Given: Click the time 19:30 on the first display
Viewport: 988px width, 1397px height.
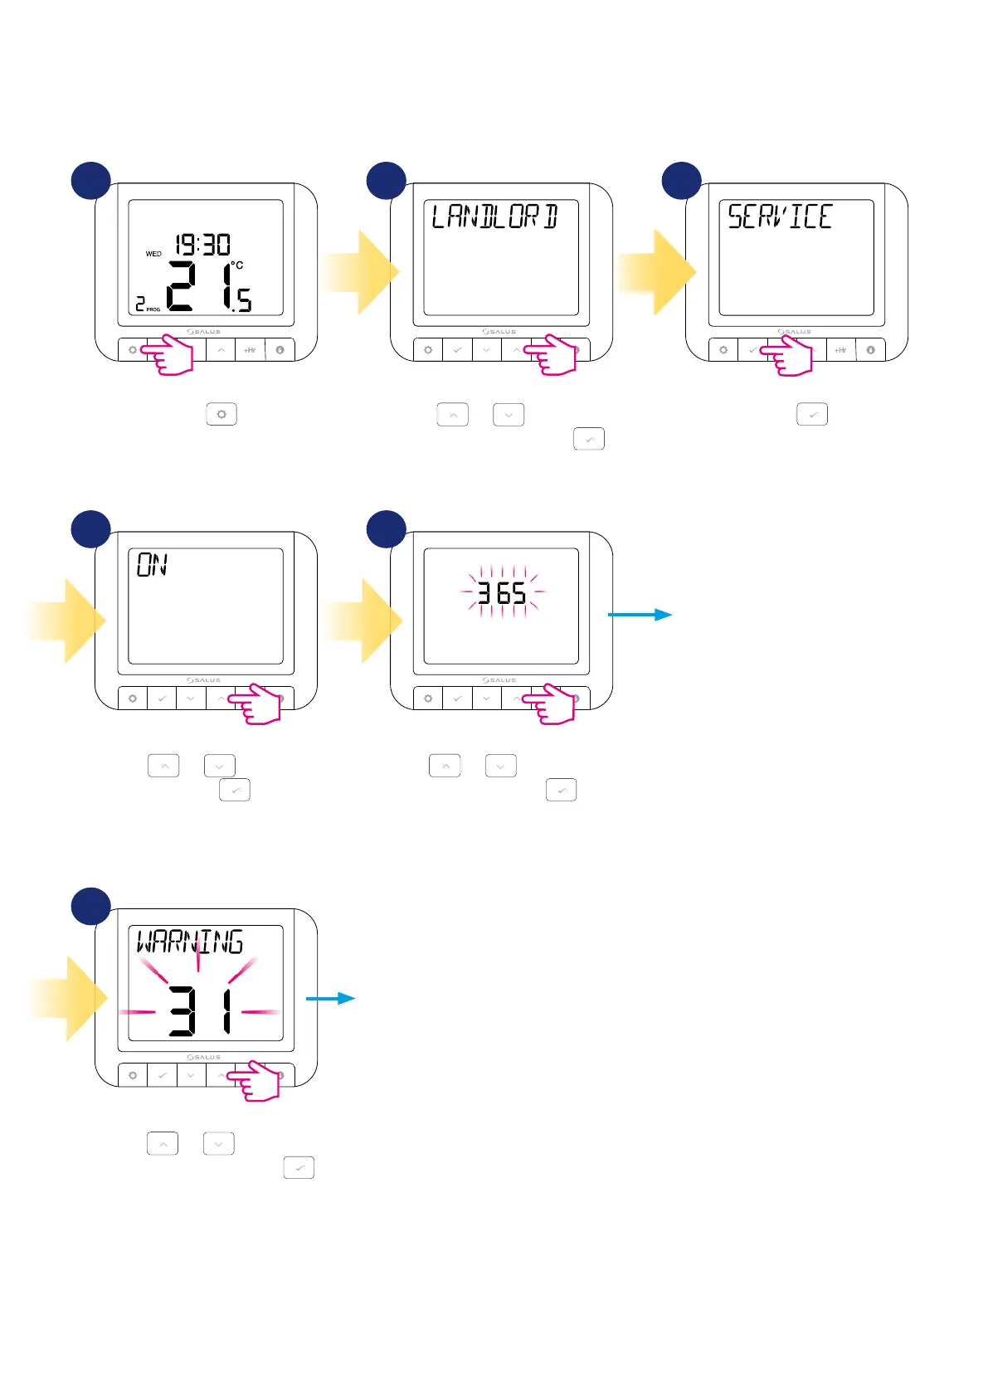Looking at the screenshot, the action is [x=202, y=245].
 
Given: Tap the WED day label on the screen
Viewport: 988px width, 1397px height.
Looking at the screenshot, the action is [x=153, y=254].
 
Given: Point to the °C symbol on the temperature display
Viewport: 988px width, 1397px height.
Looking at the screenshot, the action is [x=237, y=265].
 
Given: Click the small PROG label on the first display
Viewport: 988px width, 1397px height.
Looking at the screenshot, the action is [x=153, y=309].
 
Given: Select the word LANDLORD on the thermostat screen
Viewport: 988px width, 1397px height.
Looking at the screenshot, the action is [x=495, y=217].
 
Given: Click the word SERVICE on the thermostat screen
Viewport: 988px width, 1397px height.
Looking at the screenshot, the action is [x=780, y=217].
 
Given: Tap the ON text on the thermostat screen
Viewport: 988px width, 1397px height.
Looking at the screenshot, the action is [x=153, y=566].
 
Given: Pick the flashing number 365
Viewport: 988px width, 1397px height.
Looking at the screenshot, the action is [x=502, y=593].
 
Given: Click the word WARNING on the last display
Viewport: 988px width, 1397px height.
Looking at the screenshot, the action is [x=190, y=942].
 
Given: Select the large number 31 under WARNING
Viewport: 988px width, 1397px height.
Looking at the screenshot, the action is [x=200, y=1010].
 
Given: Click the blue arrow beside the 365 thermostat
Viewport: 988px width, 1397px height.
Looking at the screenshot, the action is [x=640, y=615].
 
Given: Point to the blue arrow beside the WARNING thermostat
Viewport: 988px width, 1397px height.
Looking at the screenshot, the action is [x=331, y=998].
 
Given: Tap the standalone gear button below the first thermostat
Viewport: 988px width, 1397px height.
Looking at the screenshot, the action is [x=221, y=414].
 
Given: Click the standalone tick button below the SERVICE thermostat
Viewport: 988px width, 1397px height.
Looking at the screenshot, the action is [x=812, y=414].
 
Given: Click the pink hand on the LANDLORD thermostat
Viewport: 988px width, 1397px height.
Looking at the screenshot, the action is [x=552, y=355].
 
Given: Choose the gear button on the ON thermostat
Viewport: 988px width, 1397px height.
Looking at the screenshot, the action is [x=133, y=698].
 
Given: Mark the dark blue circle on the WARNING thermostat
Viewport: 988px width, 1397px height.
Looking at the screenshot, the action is [x=90, y=907].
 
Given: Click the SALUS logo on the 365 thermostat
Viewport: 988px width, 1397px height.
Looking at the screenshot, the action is [x=499, y=680].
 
